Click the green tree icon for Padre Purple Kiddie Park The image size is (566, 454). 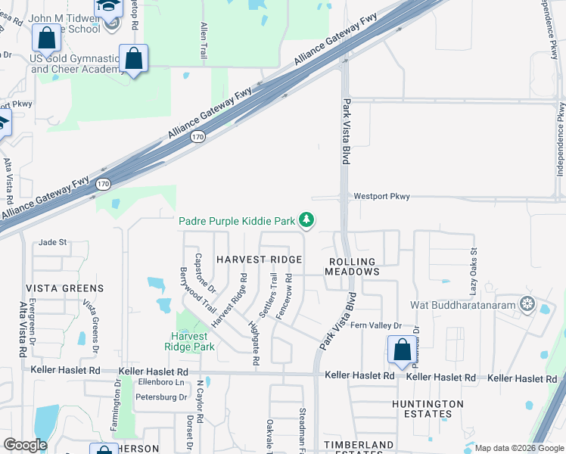click(306, 220)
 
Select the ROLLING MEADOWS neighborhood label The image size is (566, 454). click(353, 266)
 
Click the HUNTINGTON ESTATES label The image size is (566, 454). click(428, 409)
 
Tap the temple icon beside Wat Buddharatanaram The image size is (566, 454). click(527, 305)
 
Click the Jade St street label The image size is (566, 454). click(53, 242)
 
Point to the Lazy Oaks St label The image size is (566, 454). click(474, 271)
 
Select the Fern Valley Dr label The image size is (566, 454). click(379, 326)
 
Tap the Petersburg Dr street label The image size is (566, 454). click(160, 396)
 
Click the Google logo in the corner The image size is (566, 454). click(26, 445)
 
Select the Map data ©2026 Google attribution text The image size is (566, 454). click(518, 448)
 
